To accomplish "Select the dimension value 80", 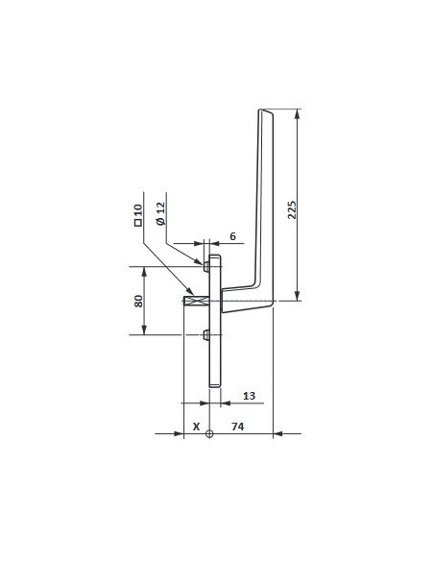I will pos(138,300).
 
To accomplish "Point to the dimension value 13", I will pos(248,395).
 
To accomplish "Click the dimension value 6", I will pos(231,236).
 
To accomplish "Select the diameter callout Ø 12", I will pos(160,213).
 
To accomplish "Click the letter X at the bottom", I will pos(196,426).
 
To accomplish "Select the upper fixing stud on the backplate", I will pos(206,263).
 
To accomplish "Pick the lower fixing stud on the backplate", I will pos(206,334).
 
